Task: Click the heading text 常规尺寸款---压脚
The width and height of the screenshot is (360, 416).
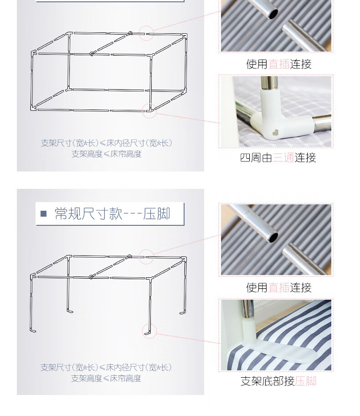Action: click(x=112, y=213)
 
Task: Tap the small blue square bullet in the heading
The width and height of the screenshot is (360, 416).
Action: click(x=44, y=214)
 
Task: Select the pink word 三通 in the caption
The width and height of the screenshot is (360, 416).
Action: click(x=283, y=158)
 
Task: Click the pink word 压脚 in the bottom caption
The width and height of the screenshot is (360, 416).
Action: click(x=305, y=381)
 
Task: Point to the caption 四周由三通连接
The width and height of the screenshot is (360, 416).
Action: click(x=278, y=158)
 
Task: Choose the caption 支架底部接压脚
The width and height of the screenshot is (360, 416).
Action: click(x=278, y=381)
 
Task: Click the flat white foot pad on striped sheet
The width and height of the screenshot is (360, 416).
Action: click(x=283, y=354)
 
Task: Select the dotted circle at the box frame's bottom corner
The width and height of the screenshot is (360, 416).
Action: click(x=149, y=110)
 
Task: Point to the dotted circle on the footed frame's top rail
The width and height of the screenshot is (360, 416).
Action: click(x=146, y=257)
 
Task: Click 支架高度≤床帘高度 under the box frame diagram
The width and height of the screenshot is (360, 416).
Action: click(x=107, y=154)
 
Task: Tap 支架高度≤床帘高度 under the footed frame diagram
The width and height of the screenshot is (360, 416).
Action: click(x=107, y=378)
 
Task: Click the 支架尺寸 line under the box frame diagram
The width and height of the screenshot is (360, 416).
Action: click(x=107, y=143)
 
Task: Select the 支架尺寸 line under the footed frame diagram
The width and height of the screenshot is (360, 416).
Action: click(x=107, y=367)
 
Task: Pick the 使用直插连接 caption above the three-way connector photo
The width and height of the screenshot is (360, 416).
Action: click(x=278, y=64)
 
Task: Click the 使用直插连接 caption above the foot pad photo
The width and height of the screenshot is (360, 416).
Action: click(x=278, y=287)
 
